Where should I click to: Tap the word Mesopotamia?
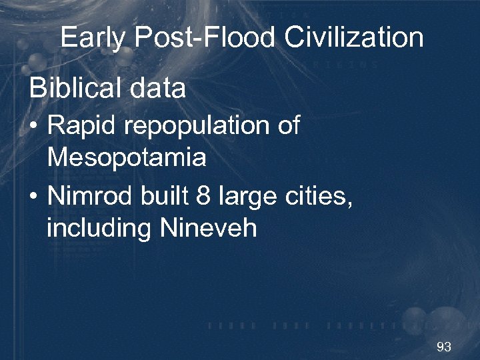[x=126, y=158]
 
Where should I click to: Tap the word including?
[x=99, y=229]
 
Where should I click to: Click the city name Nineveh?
[x=208, y=228]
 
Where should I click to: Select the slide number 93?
[x=443, y=347]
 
